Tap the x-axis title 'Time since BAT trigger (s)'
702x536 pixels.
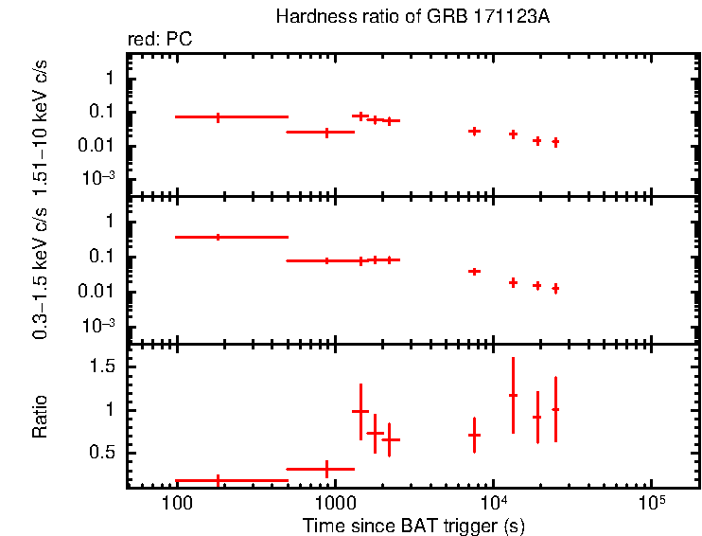coord(413,525)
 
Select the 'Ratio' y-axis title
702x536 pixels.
coord(40,416)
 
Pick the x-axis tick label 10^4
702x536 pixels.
coord(492,500)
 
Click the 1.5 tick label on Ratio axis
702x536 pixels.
coord(104,366)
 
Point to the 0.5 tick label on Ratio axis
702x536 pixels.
coord(104,453)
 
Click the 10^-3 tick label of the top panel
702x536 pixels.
coord(98,178)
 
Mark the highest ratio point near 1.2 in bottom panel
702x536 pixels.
coord(513,395)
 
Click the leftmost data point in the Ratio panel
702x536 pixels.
coord(219,480)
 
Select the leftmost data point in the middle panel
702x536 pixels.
coord(219,237)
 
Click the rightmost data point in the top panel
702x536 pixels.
coord(555,142)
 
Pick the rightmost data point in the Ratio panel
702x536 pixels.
coord(555,409)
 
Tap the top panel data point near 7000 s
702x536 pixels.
coord(474,131)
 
